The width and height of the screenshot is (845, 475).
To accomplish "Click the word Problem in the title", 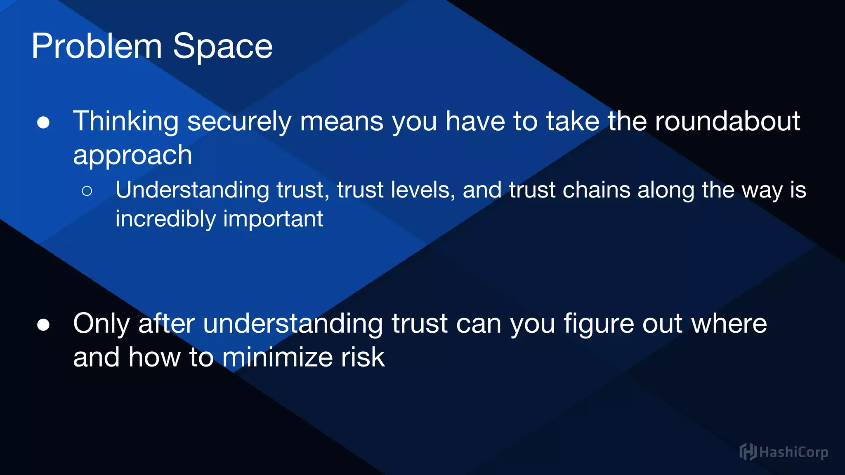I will coord(97,47).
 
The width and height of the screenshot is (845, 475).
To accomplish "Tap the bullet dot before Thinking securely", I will coord(43,122).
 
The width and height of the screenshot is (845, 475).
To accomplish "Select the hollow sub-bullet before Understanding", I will coord(87,191).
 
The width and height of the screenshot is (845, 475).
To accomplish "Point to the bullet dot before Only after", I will coord(43,325).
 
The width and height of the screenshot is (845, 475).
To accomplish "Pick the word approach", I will coord(132,156).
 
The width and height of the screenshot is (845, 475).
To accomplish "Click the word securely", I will coord(239,122).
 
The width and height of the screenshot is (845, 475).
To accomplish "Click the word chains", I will coord(596,190).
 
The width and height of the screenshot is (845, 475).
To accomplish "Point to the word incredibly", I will coord(165,219).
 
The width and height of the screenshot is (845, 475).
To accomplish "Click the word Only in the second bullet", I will coord(101,324).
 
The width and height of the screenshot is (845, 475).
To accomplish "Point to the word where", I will coord(729,324).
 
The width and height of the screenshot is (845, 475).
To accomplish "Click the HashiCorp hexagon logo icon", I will coord(748,452).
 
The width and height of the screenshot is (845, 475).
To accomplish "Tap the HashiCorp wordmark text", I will coord(793,452).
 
